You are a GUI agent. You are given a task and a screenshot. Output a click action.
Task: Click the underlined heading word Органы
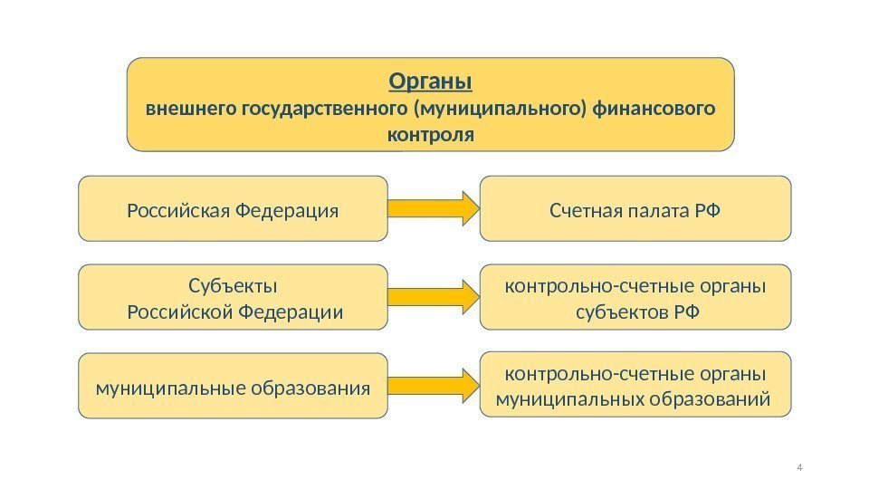click(430, 81)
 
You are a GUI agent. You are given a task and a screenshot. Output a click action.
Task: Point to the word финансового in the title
click(653, 110)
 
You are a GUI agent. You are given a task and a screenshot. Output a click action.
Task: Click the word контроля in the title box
click(430, 136)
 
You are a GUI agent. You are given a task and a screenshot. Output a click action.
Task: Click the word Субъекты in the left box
click(233, 287)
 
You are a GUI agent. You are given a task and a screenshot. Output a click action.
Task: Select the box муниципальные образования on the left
click(233, 388)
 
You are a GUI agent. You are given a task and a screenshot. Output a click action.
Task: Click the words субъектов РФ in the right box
click(635, 312)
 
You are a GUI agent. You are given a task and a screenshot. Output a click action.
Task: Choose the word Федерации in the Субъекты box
click(292, 312)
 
